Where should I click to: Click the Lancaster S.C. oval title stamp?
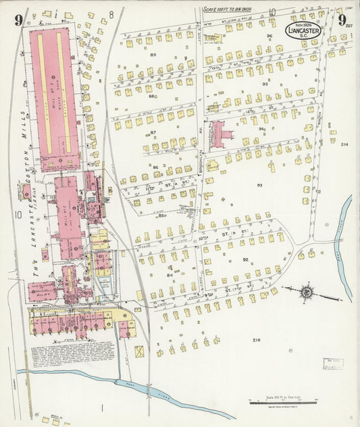(x=303, y=30)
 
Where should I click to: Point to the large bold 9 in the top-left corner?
(x=18, y=18)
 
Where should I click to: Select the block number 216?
(x=256, y=340)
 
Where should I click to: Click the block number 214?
(x=344, y=145)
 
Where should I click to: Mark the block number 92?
(x=246, y=259)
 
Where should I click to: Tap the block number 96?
(x=269, y=36)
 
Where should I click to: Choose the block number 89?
(x=153, y=55)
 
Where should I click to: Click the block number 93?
(x=259, y=184)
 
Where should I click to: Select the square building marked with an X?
(x=139, y=352)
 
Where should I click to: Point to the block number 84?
(x=171, y=275)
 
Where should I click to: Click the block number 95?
(x=265, y=84)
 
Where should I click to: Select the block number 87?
(x=153, y=132)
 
